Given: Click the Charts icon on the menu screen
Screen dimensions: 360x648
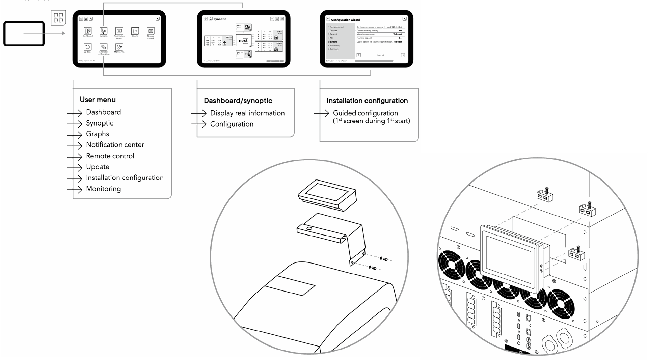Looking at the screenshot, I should point(135,31).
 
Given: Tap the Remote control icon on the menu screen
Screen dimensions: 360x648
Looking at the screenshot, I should point(151,31).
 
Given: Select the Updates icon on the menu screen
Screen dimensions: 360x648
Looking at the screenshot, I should point(88,47).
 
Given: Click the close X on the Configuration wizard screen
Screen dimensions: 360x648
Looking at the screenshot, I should point(404,19).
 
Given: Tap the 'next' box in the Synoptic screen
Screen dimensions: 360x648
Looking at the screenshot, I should point(243,41).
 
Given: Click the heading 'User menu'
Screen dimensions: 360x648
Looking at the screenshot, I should point(98,100).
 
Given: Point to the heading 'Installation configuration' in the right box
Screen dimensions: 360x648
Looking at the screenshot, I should point(367,101).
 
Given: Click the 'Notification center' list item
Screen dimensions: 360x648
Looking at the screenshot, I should point(115,145).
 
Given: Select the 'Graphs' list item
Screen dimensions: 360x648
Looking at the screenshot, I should point(97,134).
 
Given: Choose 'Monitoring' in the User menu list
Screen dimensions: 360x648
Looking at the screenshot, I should point(103,189).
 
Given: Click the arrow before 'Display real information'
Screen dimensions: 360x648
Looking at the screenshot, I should point(199,113).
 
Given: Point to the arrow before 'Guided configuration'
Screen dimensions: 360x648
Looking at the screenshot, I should point(322,113).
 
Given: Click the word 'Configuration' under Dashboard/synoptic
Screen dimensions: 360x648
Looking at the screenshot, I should point(232,124).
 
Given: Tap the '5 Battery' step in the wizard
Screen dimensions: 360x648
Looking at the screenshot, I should point(333,42).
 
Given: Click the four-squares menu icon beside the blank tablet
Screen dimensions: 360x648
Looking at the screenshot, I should point(58,18).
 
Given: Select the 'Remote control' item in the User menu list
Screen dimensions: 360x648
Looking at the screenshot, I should point(110,156).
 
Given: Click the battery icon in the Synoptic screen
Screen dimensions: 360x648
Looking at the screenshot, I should point(248,54).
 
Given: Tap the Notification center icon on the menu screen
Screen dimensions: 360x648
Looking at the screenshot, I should point(119,31).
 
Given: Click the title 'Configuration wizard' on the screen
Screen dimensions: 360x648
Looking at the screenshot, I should point(345,20).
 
